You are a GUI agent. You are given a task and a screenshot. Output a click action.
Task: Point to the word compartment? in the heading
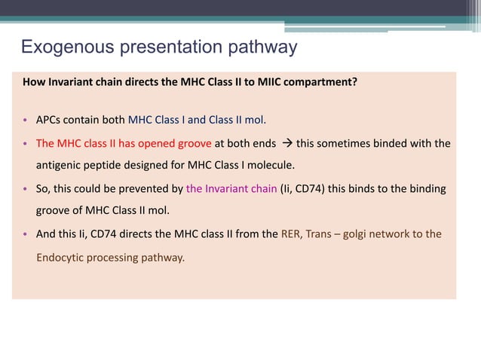[316, 83]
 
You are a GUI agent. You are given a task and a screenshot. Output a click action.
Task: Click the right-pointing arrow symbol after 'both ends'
[286, 142]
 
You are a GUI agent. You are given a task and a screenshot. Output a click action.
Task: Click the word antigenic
[60, 165]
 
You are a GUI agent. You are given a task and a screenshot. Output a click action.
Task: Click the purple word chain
[262, 188]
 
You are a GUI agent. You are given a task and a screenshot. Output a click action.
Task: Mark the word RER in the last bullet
[291, 233]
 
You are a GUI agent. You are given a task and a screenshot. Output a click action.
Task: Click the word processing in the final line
[114, 258]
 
